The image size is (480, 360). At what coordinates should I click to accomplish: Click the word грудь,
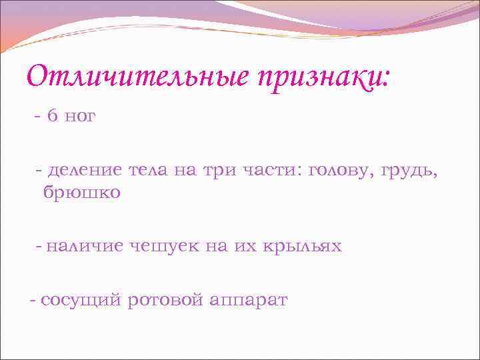(413, 171)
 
